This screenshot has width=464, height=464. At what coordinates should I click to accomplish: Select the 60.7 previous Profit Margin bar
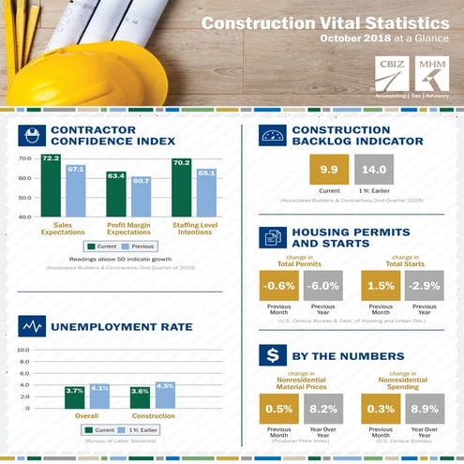point(141,197)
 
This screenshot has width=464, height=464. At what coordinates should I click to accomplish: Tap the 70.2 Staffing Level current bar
point(182,187)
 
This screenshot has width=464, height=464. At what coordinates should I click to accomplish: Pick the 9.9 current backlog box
point(328,171)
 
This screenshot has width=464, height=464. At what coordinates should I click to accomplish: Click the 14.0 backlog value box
point(372,171)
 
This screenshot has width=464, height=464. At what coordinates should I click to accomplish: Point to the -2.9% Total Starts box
point(424,286)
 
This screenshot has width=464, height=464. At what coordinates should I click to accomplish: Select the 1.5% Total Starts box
point(380,286)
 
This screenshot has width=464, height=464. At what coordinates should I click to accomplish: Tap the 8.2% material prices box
point(322,409)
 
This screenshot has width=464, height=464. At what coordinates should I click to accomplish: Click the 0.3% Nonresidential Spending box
point(380,409)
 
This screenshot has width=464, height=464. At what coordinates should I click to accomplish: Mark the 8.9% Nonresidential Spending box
point(424,409)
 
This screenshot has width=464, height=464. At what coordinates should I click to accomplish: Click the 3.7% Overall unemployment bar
point(75,397)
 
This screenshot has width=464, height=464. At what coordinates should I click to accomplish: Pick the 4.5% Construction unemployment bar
point(165,396)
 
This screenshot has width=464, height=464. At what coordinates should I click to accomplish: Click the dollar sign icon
point(272,354)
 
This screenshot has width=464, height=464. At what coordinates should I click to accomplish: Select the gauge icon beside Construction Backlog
point(272,135)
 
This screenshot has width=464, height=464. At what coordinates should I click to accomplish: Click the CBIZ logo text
point(385,72)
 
